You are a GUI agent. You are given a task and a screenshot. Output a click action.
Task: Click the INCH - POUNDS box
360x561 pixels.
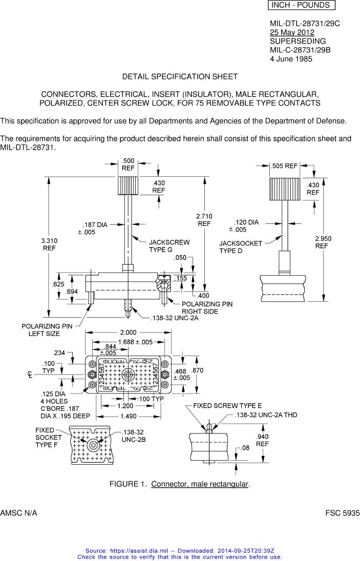301,5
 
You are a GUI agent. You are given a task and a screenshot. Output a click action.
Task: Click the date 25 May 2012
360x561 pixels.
292,32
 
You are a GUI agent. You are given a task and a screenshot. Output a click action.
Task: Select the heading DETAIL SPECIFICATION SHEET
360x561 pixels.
180,76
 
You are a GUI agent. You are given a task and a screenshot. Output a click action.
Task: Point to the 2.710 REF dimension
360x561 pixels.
204,220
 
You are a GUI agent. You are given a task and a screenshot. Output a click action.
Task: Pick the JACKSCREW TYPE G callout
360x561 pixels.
169,245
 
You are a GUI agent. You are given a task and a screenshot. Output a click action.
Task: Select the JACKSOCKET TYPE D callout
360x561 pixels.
241,247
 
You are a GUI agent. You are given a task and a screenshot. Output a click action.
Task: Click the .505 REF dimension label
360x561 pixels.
284,166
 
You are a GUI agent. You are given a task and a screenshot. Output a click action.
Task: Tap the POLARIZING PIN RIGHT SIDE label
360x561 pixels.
207,307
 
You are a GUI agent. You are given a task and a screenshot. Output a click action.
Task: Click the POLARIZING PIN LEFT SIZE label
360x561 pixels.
47,329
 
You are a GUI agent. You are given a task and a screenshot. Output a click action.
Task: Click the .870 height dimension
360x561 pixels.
197,370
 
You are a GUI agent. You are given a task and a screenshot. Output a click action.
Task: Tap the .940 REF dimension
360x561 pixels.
262,440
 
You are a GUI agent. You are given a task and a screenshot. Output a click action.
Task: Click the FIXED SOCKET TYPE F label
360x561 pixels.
49,438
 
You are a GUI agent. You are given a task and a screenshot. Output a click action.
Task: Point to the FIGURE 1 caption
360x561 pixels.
180,484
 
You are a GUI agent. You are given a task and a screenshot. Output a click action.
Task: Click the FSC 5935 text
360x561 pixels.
342,513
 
